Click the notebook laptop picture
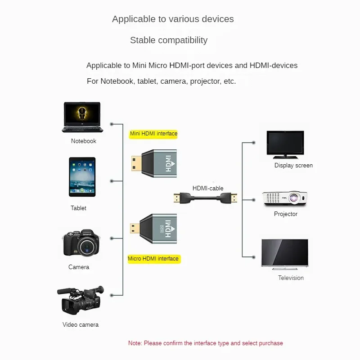coord(82,117)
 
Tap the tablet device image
coord(82,176)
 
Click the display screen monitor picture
coord(285,144)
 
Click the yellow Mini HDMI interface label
coord(153,134)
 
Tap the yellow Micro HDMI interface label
coord(153,259)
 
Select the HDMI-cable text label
coord(208,189)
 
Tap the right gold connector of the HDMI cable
coord(234,198)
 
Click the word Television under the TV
coord(291,278)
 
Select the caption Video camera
coord(81,325)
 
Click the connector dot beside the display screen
coord(254,143)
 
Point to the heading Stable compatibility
coord(169,40)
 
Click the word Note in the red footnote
coord(135,343)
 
